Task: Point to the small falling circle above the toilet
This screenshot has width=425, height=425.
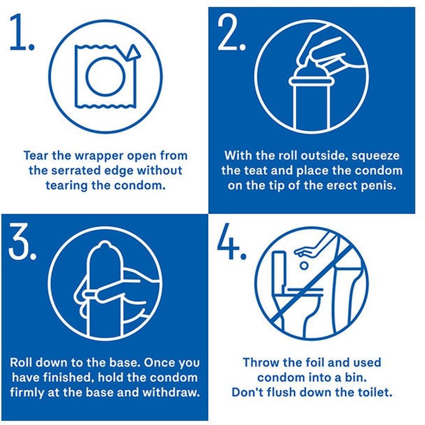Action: (304, 266)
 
